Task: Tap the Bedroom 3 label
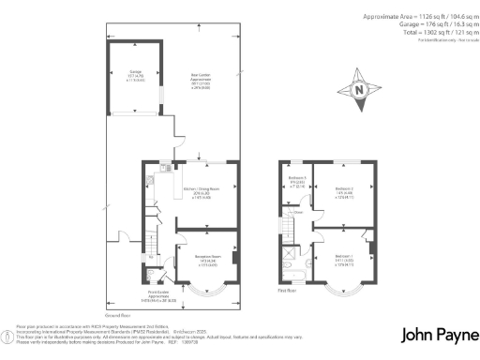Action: pyautogui.click(x=296, y=184)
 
